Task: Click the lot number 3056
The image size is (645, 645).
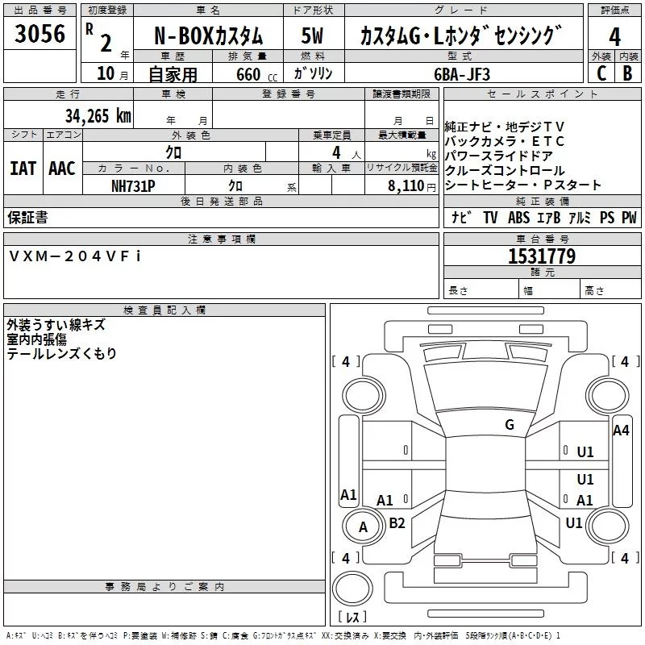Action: click(x=40, y=35)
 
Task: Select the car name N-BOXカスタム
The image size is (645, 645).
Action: click(x=208, y=36)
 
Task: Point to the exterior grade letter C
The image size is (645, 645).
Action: click(x=601, y=73)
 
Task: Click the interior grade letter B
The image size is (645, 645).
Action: click(x=627, y=73)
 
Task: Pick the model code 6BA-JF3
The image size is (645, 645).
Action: click(x=462, y=73)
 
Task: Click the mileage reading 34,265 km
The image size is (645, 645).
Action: click(x=98, y=116)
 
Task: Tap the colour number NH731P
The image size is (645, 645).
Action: click(x=133, y=185)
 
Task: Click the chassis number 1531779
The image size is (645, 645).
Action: click(x=541, y=257)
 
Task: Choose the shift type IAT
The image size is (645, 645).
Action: click(x=23, y=168)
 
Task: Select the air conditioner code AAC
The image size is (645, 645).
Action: click(x=62, y=168)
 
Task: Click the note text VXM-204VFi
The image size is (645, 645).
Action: click(x=74, y=256)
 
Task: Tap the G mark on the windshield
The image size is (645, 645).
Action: click(x=509, y=424)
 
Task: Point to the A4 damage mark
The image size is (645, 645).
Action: click(x=621, y=430)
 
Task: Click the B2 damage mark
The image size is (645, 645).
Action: click(x=397, y=522)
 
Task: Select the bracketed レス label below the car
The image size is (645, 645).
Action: click(x=353, y=618)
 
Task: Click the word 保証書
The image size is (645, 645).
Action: click(x=27, y=218)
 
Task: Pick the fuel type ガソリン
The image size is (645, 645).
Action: click(x=314, y=73)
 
